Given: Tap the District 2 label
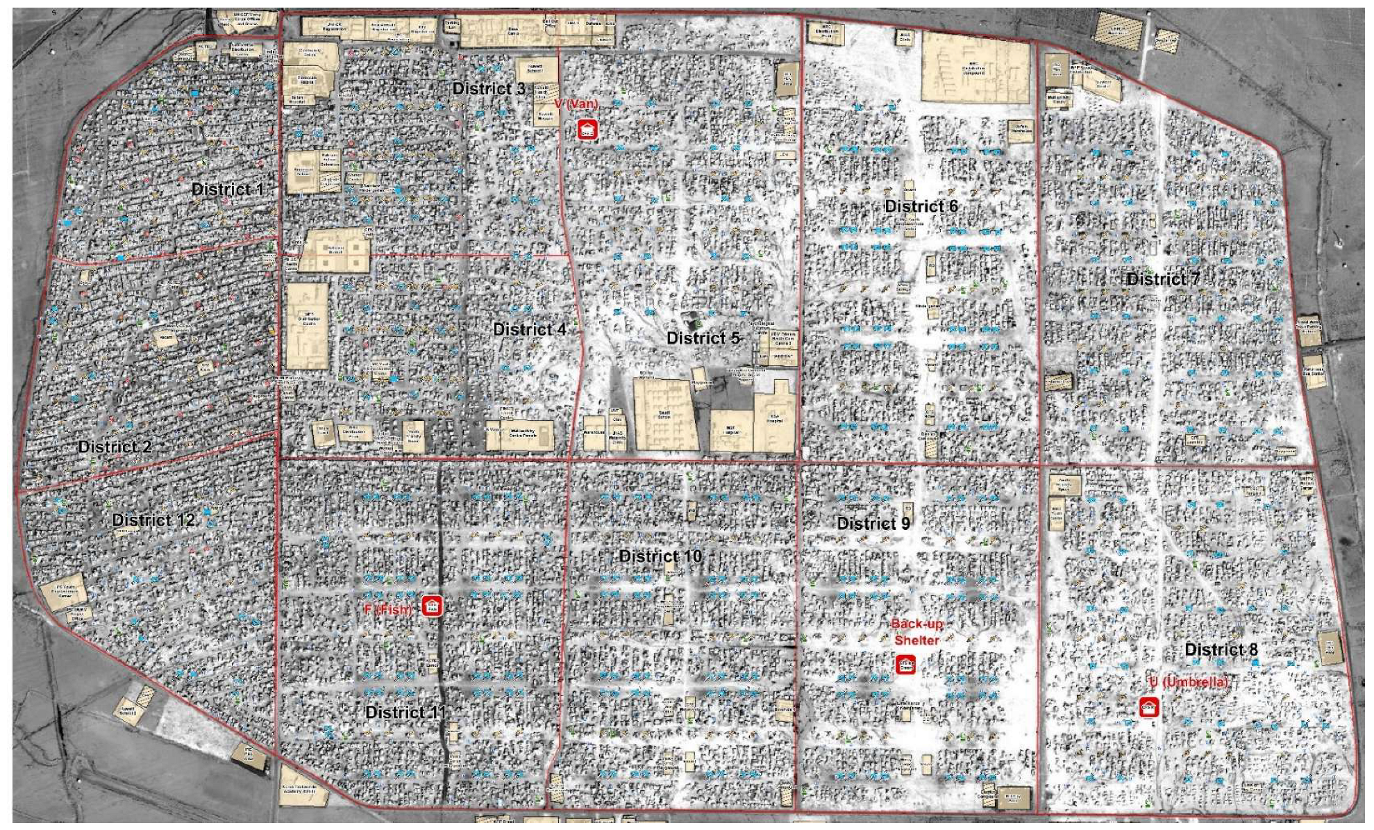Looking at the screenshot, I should tap(115, 447).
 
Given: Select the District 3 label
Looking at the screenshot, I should tap(489, 89).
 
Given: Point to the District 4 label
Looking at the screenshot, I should tap(529, 329).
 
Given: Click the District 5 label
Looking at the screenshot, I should tap(703, 338).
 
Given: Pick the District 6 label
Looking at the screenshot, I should tap(921, 206).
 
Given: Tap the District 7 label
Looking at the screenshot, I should tap(1163, 279).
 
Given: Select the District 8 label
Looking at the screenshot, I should tap(1221, 650).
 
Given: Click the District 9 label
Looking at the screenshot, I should tap(873, 523).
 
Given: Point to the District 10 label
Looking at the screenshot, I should tap(660, 556).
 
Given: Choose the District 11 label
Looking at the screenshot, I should tap(405, 712).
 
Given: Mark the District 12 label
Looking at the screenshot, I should tap(153, 520).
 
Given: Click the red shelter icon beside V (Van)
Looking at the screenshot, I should tap(587, 128).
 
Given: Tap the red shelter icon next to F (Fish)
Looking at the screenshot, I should tap(432, 606).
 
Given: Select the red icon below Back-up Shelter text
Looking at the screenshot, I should tap(905, 664).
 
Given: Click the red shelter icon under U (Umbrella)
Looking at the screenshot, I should tap(1148, 708).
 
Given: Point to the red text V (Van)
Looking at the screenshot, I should tap(576, 105).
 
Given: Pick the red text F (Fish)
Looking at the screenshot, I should tap(388, 610).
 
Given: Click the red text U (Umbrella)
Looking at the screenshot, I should tap(1188, 683).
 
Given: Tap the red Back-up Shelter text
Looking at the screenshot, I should tap(916, 632).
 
